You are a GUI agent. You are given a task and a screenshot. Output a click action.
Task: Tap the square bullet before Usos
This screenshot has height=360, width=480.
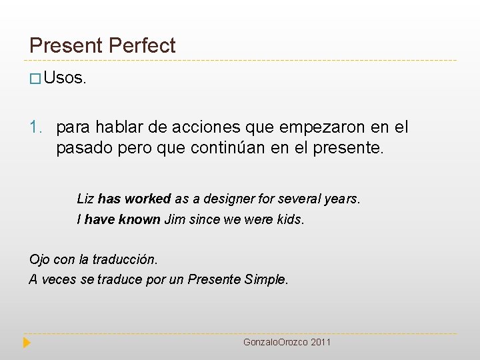(x=35, y=79)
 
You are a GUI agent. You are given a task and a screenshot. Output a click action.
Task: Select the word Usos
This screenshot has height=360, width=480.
(x=65, y=78)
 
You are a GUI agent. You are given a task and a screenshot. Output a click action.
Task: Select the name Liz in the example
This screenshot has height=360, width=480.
(x=85, y=199)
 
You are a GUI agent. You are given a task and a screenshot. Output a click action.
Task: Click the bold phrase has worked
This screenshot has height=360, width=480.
(x=134, y=199)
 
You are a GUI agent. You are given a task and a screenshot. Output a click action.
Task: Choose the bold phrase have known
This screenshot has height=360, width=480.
(x=123, y=219)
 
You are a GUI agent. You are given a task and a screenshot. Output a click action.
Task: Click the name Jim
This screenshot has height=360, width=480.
(x=175, y=219)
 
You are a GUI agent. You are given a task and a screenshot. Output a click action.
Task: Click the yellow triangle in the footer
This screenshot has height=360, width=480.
(x=27, y=343)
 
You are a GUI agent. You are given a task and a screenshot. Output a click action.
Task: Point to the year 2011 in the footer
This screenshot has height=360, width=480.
(x=321, y=342)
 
